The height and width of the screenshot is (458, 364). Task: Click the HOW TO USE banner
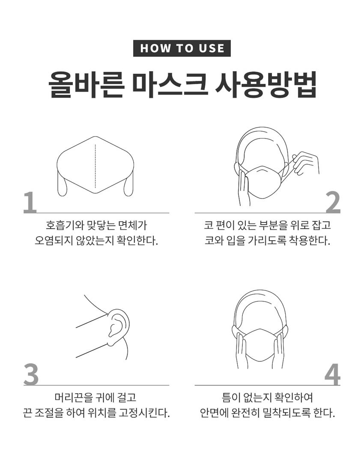pyautogui.click(x=182, y=48)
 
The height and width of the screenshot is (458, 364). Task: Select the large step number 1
pyautogui.click(x=30, y=202)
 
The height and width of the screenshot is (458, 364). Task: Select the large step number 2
pyautogui.click(x=333, y=202)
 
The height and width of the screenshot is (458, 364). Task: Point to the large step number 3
pyautogui.click(x=31, y=374)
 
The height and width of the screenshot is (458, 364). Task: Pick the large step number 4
pyautogui.click(x=333, y=374)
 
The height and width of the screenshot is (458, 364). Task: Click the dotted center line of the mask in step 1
pyautogui.click(x=95, y=166)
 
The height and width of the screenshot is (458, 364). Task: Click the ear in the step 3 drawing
pyautogui.click(x=117, y=327)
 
